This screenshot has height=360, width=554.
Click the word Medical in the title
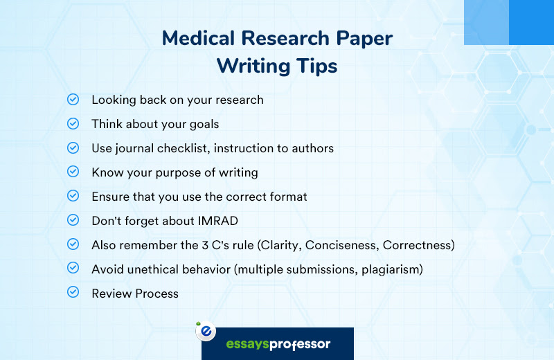198,38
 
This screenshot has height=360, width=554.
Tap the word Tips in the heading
317,66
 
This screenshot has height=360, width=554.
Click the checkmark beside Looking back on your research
73,99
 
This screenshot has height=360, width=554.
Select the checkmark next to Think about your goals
73,124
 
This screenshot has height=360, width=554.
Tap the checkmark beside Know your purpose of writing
73,172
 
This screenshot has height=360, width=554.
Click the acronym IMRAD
217,221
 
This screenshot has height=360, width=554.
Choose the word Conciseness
342,245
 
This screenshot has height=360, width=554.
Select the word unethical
152,269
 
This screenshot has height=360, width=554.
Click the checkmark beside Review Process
73,292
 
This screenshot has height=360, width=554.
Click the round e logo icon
206,332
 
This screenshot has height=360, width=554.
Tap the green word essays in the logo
247,344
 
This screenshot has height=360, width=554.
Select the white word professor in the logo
300,344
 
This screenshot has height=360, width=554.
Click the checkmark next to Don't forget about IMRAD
73,219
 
